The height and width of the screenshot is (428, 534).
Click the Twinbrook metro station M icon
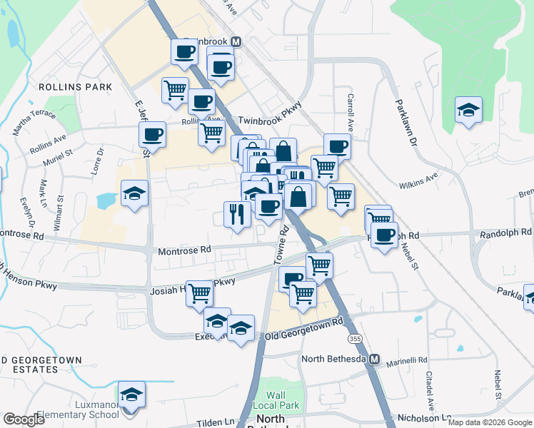pos(235,41)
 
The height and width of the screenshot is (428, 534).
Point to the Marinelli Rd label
pos(407,361)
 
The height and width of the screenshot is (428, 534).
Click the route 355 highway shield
pos(353,337)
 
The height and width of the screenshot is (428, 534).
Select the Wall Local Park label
pos(276,400)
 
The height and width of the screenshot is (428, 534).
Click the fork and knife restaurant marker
pos(237,213)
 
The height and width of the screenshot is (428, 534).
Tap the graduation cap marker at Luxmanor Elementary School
pos(131,395)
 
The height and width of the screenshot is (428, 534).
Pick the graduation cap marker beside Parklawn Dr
pos(468,111)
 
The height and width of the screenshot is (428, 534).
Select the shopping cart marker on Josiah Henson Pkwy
pos(199,292)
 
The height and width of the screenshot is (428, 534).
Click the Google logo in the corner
pos(24,419)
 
